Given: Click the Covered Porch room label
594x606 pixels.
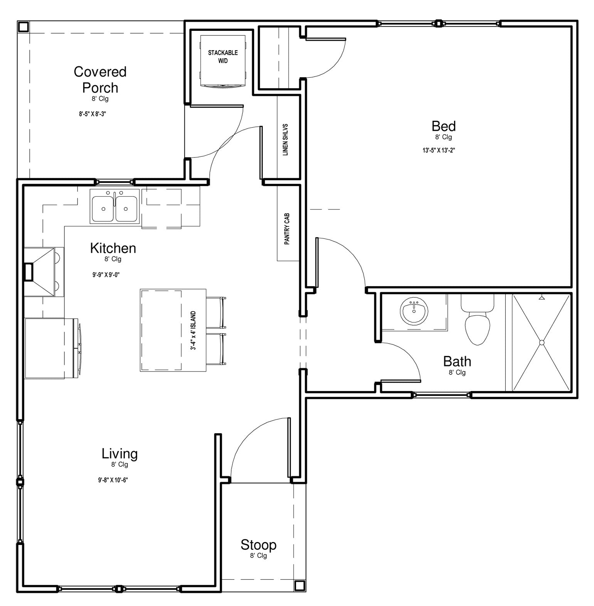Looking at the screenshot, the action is (100, 80).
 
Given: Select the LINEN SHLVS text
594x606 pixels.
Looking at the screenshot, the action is (286, 140).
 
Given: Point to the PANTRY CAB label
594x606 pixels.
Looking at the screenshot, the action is (287, 229).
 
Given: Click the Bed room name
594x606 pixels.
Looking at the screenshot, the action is (443, 126).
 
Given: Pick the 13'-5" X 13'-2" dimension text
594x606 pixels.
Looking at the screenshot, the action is (439, 150).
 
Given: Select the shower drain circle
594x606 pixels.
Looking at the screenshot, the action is (541, 342).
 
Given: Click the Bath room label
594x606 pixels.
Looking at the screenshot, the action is (457, 361).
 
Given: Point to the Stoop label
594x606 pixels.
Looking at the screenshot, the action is (258, 545).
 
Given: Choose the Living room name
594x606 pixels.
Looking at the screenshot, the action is (119, 454).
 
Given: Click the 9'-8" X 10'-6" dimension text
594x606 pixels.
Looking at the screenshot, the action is (113, 480).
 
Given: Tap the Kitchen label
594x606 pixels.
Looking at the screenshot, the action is (113, 248).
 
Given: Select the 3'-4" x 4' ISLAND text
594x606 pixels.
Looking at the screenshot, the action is (193, 331).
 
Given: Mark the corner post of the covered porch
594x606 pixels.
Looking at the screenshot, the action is (24, 27).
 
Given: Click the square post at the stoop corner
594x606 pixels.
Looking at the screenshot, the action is (300, 586).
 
